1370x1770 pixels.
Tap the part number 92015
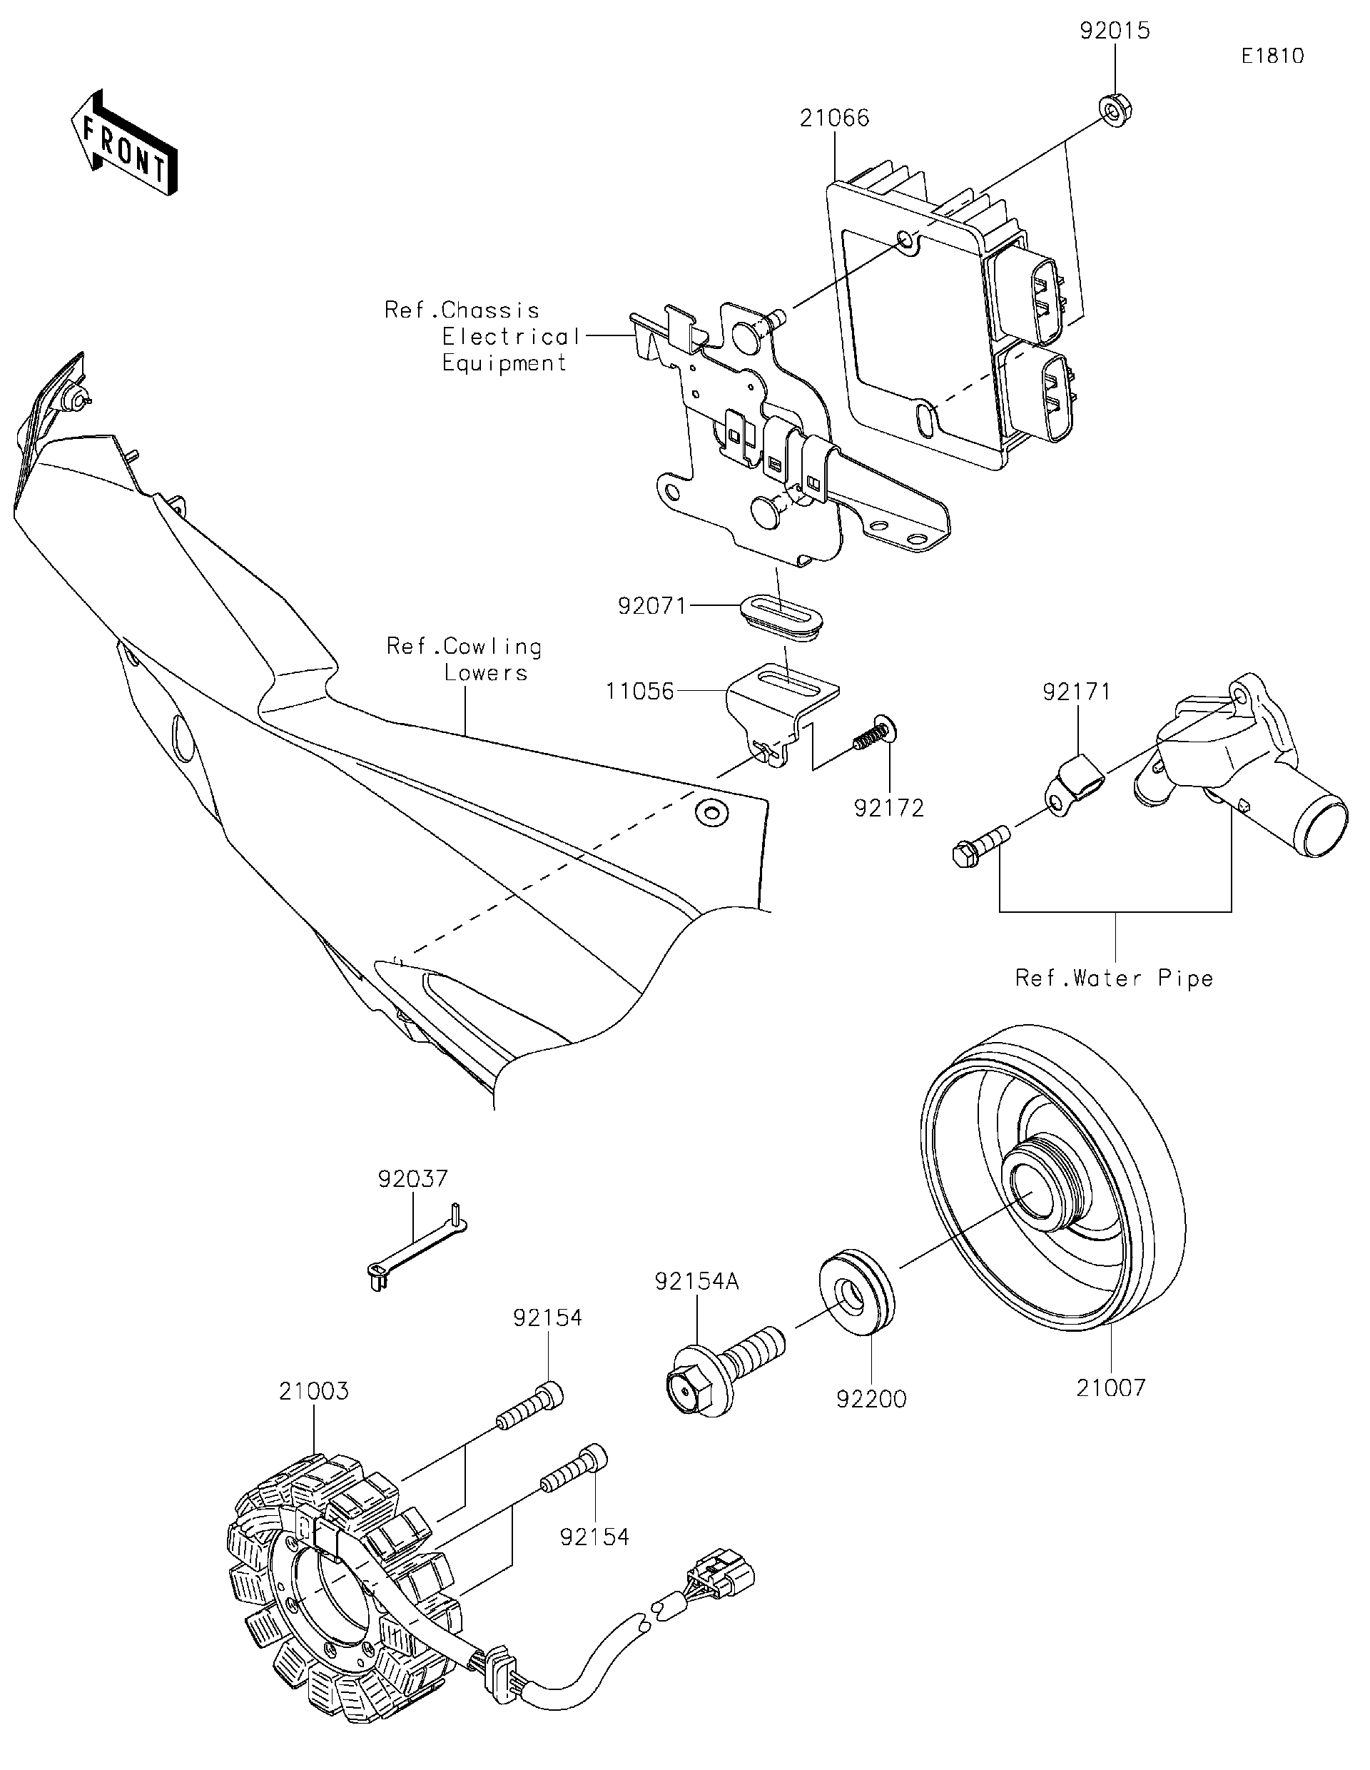[1114, 31]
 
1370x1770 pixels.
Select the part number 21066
[833, 118]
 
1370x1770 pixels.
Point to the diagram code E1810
[1272, 56]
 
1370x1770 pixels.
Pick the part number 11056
[640, 692]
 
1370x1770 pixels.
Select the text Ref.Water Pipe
[1114, 978]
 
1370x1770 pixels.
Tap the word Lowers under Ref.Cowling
[485, 672]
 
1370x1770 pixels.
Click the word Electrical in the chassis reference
[511, 336]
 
